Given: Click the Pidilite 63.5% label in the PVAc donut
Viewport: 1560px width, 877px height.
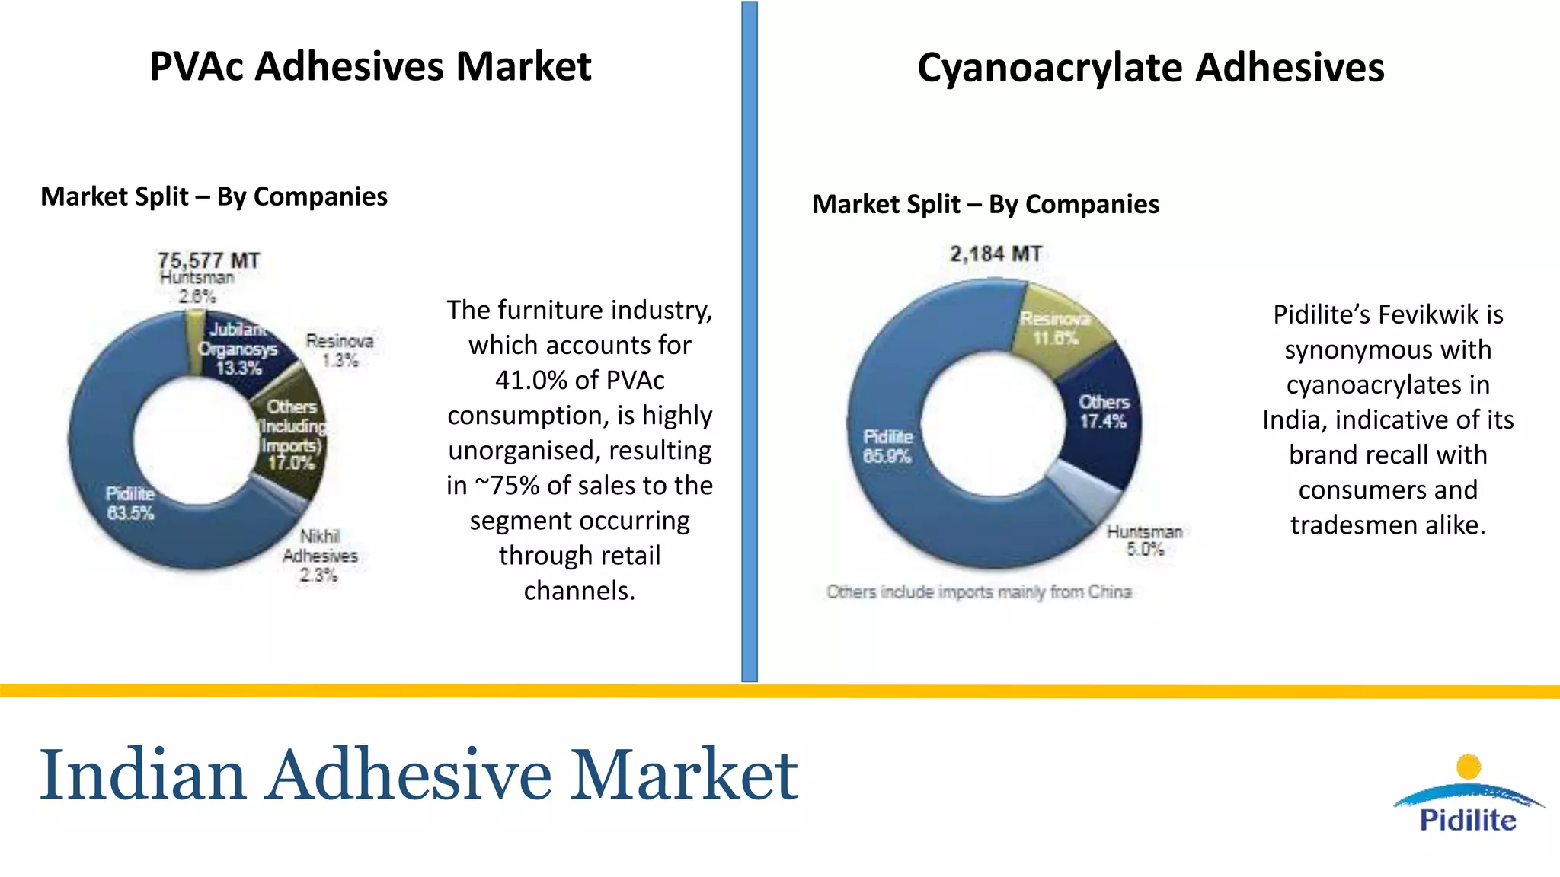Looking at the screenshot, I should (130, 503).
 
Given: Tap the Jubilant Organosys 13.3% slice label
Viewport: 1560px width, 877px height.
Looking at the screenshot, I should (238, 349).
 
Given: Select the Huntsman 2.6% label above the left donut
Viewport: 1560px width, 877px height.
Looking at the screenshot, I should (197, 287).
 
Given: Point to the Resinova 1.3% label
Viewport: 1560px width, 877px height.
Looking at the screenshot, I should (340, 350).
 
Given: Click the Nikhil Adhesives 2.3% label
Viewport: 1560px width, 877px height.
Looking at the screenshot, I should (320, 556).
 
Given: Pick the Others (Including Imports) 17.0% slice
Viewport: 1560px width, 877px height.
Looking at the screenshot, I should (292, 435).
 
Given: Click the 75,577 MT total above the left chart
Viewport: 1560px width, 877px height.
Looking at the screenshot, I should (208, 260).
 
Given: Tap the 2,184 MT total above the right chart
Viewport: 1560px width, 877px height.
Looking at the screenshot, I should (996, 254).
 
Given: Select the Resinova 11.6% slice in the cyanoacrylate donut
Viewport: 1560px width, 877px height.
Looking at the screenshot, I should (1055, 328).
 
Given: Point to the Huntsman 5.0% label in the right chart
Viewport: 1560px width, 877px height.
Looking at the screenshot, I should (1144, 540).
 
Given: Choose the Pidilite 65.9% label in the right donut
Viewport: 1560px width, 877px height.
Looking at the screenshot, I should (887, 446).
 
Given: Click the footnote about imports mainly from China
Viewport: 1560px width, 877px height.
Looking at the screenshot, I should (979, 592).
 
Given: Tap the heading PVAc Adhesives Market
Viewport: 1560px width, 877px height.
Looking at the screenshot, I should (370, 66).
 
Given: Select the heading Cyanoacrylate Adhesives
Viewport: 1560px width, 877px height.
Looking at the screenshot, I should (1150, 68).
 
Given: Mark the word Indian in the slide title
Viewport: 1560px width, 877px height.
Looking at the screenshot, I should (142, 775).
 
